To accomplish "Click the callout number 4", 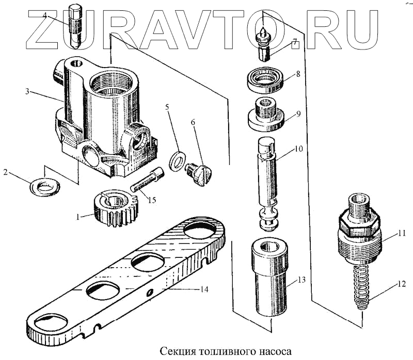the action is tap(45, 15).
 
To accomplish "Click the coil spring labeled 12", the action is tap(362, 286).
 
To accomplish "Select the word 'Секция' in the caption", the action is tap(176, 351).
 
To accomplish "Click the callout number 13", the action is tap(300, 281).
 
